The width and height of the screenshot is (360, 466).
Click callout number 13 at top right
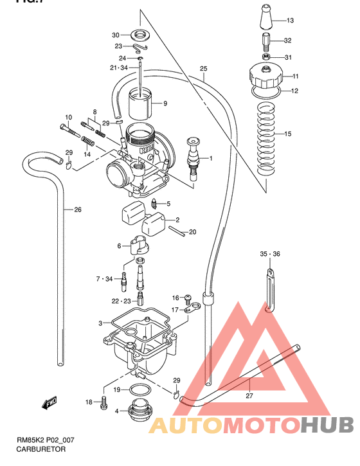(289, 21)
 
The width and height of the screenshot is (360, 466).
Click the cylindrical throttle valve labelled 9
(141, 103)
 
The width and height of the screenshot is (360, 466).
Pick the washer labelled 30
(138, 34)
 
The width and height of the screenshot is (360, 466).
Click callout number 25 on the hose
(204, 69)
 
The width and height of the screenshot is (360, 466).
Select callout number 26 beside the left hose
(78, 209)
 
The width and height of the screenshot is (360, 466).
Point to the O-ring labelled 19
(138, 390)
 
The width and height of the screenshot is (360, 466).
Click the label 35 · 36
(271, 255)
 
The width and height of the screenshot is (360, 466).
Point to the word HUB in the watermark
(327, 424)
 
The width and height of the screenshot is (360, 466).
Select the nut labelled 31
(266, 57)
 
